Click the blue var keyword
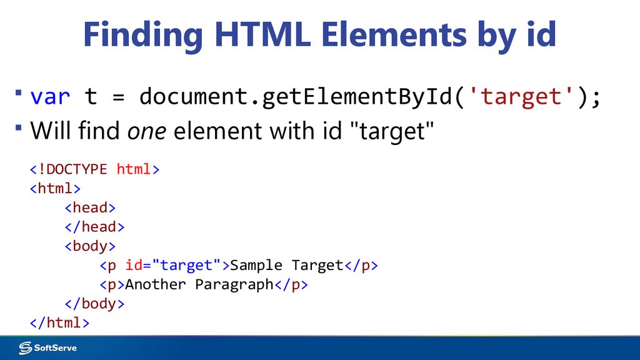[x=50, y=97]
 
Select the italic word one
[x=147, y=131]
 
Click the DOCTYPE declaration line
[x=94, y=169]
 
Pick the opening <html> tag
[x=55, y=188]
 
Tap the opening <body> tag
[x=90, y=246]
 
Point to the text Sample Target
[x=287, y=265]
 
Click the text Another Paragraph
[x=199, y=284]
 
